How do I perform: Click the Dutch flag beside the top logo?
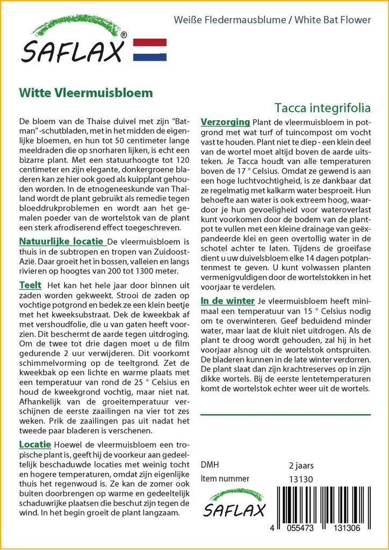tap(149, 49)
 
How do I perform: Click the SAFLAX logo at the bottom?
tap(234, 503)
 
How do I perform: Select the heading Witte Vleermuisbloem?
tap(86, 92)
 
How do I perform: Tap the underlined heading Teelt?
tap(30, 285)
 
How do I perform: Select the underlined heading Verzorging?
tap(225, 122)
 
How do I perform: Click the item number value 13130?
tap(300, 479)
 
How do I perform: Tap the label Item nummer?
tap(225, 479)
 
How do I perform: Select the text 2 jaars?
tap(301, 465)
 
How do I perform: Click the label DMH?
tap(210, 465)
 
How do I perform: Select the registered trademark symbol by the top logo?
tap(124, 35)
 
